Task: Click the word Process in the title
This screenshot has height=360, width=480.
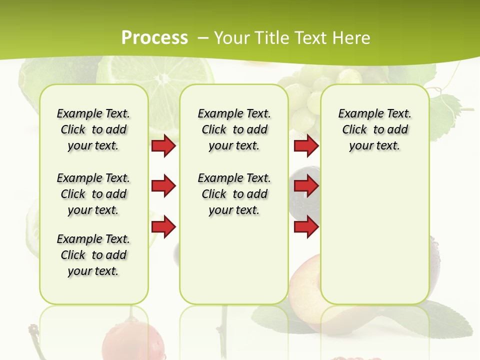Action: (x=154, y=38)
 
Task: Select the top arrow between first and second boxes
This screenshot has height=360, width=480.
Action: (x=163, y=145)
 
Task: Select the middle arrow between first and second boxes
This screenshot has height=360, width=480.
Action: (x=163, y=186)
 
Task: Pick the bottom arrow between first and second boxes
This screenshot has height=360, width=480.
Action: (x=163, y=226)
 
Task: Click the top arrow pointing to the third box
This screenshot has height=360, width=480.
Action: (x=306, y=145)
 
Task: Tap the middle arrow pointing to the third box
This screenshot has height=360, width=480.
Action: (x=306, y=186)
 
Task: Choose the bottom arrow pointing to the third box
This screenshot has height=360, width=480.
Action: (x=306, y=226)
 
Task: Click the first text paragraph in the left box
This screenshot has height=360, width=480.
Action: (x=93, y=129)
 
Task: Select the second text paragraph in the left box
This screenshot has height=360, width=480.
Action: (x=93, y=194)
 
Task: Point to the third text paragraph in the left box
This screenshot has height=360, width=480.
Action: (x=93, y=255)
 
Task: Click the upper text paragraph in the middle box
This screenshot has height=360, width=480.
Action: (x=234, y=129)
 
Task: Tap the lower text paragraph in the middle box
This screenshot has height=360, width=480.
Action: (x=234, y=194)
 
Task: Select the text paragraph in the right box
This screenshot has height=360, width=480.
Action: (x=374, y=129)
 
